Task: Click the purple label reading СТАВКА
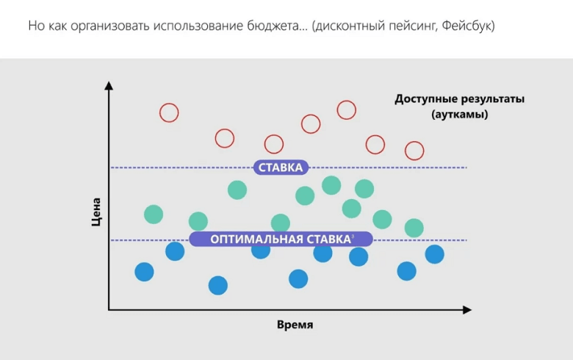[281, 168]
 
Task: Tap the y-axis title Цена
[96, 210]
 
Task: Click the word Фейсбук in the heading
[467, 26]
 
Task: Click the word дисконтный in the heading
[349, 26]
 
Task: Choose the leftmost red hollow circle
[169, 112]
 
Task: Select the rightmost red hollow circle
[414, 151]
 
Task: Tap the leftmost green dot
[153, 215]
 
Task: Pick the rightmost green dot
[414, 228]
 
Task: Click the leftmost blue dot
[145, 272]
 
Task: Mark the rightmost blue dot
[434, 254]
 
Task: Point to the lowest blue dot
[218, 285]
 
